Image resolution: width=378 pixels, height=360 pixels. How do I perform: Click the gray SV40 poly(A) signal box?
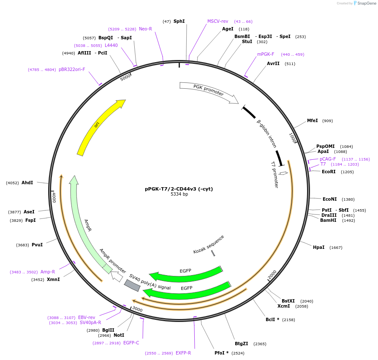click(x=132, y=285)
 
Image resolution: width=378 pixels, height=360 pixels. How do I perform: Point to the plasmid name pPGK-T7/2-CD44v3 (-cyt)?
click(x=179, y=189)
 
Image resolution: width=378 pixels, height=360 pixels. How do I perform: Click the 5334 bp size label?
click(x=179, y=194)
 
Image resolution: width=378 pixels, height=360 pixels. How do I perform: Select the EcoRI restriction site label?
click(x=329, y=172)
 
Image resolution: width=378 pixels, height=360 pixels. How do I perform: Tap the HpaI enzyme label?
click(x=318, y=247)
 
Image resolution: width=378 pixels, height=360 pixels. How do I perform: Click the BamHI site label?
click(x=328, y=220)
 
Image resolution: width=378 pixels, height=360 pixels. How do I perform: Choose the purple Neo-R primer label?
click(x=145, y=29)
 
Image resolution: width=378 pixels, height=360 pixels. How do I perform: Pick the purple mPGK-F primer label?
click(x=266, y=54)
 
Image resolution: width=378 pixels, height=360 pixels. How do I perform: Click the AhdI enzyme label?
click(x=27, y=183)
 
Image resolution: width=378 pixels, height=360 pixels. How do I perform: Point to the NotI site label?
click(x=119, y=335)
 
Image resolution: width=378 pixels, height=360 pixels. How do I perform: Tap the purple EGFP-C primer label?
click(x=131, y=343)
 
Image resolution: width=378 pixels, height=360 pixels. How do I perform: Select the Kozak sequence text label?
click(x=209, y=244)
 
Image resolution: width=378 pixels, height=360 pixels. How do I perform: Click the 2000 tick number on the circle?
click(x=272, y=274)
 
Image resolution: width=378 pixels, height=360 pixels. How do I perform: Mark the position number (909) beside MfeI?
click(x=327, y=121)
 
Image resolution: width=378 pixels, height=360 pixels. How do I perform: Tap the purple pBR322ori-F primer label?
click(x=72, y=69)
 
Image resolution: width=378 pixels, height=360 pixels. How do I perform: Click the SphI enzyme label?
click(x=179, y=21)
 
